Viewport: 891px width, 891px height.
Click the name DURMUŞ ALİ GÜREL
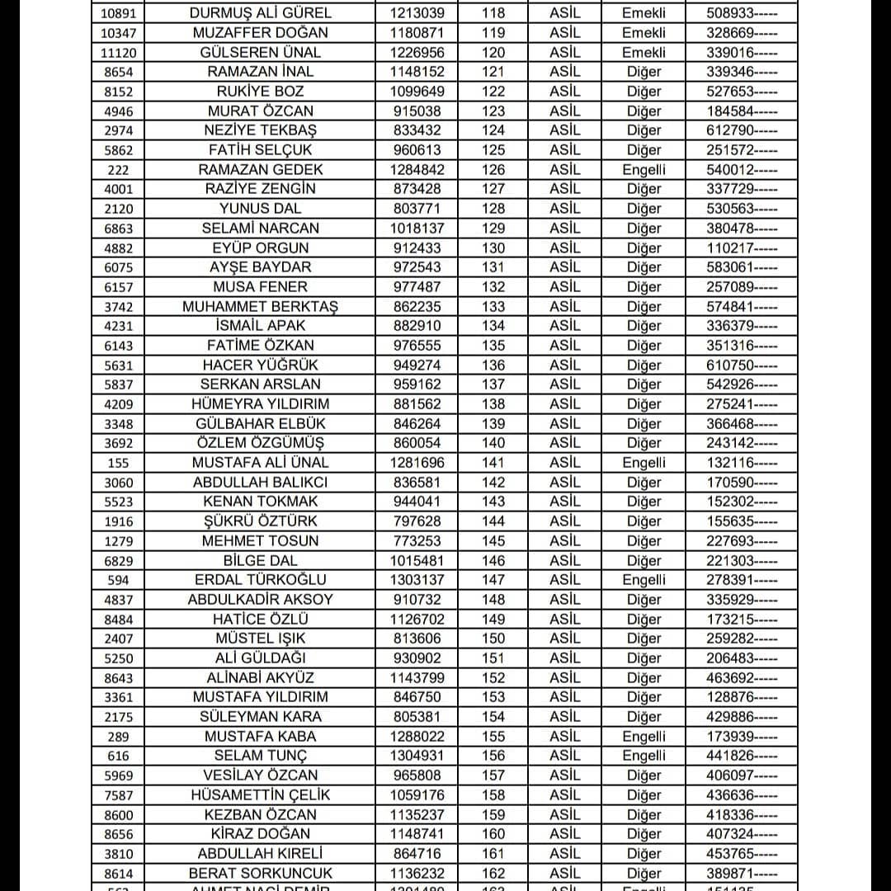260,13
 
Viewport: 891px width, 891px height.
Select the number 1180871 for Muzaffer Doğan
416,33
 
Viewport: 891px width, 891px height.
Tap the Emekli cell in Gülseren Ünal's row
643,52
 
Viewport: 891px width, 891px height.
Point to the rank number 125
493,150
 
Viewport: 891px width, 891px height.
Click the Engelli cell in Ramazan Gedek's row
643,169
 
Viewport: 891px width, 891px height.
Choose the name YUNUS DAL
260,209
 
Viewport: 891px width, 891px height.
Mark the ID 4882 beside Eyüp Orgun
118,248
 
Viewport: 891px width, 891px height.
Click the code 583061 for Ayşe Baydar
741,267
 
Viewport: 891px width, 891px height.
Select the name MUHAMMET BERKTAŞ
260,307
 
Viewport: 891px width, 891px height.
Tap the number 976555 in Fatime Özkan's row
416,346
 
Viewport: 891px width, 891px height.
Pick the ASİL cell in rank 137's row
565,384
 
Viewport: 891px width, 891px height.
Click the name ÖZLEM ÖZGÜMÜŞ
260,443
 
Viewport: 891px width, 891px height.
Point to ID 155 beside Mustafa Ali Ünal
118,464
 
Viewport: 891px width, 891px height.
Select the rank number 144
493,521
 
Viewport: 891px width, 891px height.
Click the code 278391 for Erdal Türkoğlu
741,580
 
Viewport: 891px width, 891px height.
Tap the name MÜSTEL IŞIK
260,639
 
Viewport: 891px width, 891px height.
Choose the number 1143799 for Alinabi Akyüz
416,678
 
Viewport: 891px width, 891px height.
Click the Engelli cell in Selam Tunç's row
643,756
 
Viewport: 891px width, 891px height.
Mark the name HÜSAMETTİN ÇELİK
260,795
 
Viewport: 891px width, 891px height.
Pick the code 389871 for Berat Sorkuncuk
741,873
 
